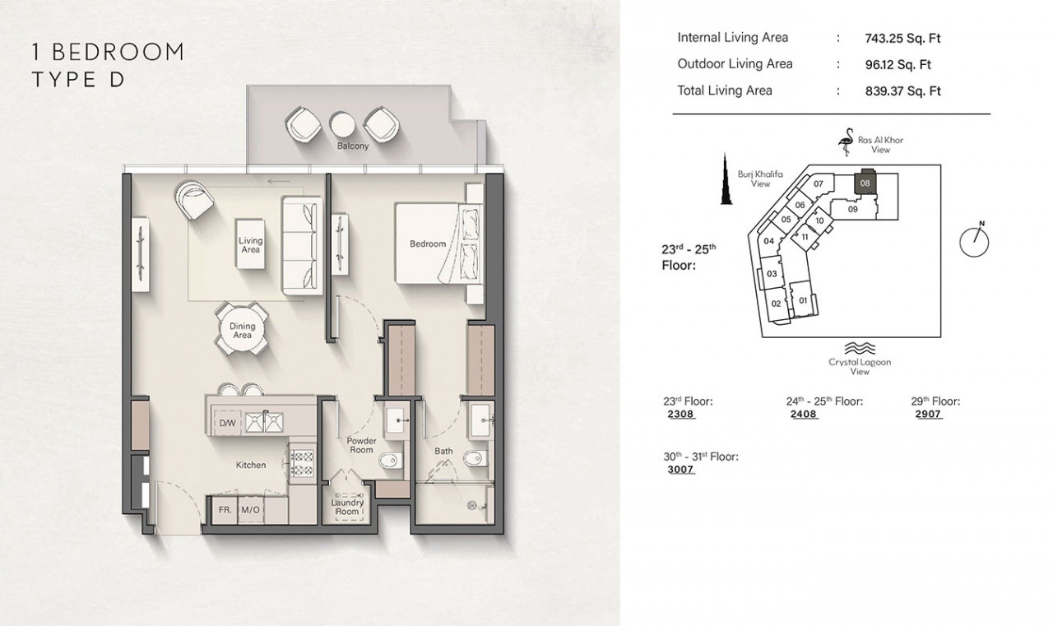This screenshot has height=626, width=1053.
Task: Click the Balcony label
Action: (x=353, y=146)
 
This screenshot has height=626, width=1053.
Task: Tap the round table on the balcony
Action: (x=341, y=125)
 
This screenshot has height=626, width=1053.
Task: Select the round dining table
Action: (x=242, y=329)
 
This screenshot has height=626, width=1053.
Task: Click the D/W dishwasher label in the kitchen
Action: (x=227, y=423)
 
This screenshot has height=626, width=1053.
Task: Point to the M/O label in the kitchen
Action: (x=250, y=509)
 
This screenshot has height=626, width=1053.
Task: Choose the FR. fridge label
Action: (x=225, y=509)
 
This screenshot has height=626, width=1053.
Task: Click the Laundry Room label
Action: (x=347, y=507)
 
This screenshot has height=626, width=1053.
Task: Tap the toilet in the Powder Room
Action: (x=391, y=461)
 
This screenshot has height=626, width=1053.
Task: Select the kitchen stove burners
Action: (x=302, y=462)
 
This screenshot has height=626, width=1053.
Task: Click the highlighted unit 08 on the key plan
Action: (x=865, y=183)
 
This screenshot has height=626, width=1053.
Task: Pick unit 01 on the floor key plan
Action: (x=803, y=300)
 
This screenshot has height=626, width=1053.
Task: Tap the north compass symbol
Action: (x=974, y=240)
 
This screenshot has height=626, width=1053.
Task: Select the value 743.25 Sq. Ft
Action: (x=902, y=39)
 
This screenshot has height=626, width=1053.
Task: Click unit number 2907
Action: (x=929, y=414)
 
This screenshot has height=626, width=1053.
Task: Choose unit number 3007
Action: (x=680, y=469)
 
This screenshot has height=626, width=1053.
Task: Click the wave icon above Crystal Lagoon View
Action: (x=860, y=348)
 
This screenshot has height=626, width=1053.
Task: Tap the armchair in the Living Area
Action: (x=193, y=200)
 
